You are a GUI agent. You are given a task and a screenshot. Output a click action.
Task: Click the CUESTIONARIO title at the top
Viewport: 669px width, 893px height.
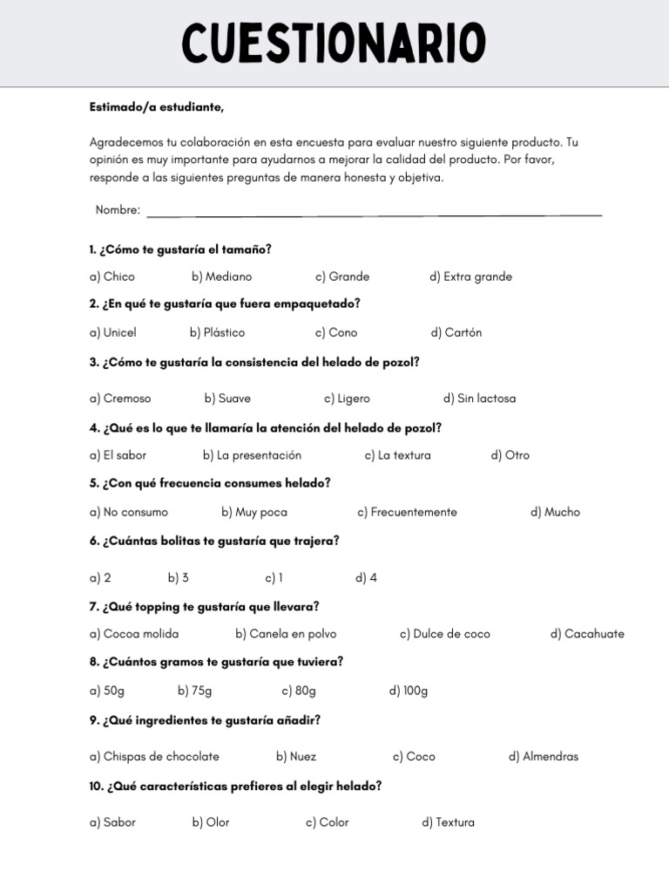[x=334, y=43]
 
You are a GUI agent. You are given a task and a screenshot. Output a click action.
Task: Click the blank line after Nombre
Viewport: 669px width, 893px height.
[x=375, y=212]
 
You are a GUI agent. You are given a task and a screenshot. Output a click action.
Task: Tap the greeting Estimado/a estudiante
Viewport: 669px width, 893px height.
[x=157, y=107]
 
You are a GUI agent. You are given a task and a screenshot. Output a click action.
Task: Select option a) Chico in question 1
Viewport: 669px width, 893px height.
[x=112, y=276]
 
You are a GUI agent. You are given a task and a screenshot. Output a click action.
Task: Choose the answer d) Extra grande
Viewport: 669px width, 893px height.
[x=470, y=276]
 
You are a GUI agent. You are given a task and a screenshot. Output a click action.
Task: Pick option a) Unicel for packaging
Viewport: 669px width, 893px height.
[x=113, y=332]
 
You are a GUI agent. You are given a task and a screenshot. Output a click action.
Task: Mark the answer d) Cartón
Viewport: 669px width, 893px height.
[x=456, y=332]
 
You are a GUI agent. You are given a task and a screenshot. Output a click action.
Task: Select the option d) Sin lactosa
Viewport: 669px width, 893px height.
[x=479, y=399]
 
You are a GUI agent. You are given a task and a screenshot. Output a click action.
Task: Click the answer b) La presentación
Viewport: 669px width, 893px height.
[x=252, y=455]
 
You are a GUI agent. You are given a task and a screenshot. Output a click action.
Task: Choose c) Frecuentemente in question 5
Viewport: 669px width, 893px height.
[x=407, y=512]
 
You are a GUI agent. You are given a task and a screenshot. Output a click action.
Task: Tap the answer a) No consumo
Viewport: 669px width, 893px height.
[x=129, y=512]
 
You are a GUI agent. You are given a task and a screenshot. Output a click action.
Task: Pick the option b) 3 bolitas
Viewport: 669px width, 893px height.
[x=179, y=578]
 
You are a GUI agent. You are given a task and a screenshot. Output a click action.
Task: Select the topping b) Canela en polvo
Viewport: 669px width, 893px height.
[x=286, y=634]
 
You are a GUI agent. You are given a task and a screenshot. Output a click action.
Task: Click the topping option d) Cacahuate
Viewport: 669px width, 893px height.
[x=587, y=634]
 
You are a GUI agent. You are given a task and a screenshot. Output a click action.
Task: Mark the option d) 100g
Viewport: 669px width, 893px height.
[x=409, y=691]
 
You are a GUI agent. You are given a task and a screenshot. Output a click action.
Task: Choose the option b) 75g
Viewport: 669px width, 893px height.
[x=195, y=691]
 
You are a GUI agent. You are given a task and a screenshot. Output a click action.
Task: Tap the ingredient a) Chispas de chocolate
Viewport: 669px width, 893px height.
[x=154, y=756]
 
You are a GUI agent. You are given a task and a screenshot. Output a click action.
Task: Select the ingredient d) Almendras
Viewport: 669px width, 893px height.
[x=544, y=756]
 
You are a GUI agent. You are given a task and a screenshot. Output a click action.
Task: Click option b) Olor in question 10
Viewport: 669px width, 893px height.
[x=211, y=822]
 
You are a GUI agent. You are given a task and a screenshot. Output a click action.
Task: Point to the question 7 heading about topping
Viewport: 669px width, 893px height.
[x=204, y=606]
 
